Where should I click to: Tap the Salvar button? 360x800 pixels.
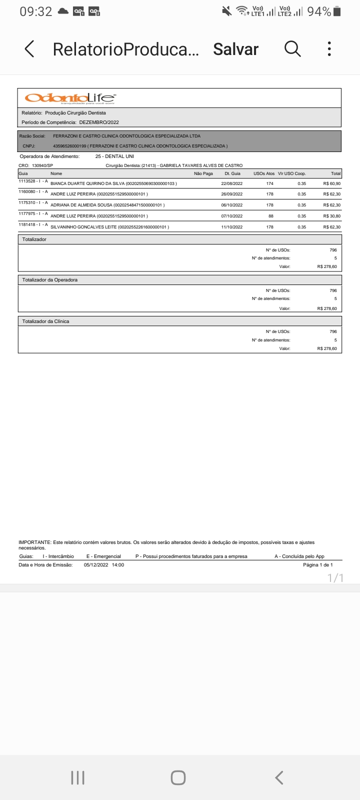pyautogui.click(x=235, y=49)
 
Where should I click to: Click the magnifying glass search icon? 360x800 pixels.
pyautogui.click(x=292, y=48)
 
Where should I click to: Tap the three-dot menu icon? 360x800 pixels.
pyautogui.click(x=329, y=48)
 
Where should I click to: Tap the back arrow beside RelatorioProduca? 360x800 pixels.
pyautogui.click(x=29, y=49)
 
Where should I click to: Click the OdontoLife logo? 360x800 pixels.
pyautogui.click(x=70, y=97)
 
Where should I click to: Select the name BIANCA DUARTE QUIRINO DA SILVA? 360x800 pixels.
pyautogui.click(x=87, y=183)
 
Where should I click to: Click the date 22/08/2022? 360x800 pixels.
pyautogui.click(x=231, y=183)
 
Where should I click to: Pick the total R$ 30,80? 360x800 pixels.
pyautogui.click(x=331, y=216)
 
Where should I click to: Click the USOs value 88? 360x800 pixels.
pyautogui.click(x=270, y=216)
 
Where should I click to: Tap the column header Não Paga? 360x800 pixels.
pyautogui.click(x=203, y=173)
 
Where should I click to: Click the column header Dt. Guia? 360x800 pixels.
pyautogui.click(x=232, y=173)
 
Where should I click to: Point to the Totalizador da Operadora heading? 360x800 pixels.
pyautogui.click(x=50, y=280)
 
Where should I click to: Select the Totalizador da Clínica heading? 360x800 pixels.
pyautogui.click(x=45, y=321)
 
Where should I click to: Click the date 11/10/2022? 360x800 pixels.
pyautogui.click(x=231, y=227)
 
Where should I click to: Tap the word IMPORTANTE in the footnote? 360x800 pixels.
pyautogui.click(x=34, y=542)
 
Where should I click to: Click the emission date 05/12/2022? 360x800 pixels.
pyautogui.click(x=96, y=564)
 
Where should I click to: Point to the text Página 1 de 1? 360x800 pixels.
pyautogui.click(x=317, y=564)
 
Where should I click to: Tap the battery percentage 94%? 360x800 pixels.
pyautogui.click(x=319, y=11)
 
